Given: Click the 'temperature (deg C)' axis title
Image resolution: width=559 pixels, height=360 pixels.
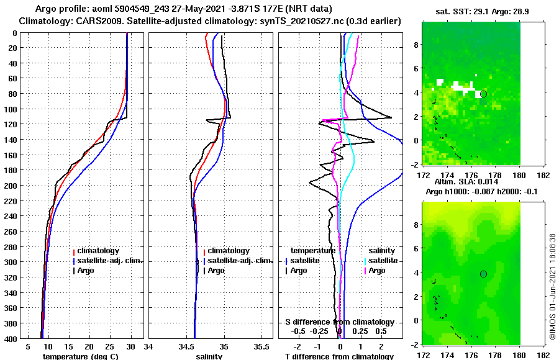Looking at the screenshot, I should coord(80,356).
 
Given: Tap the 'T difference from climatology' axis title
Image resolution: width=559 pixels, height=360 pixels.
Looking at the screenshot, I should coord(339,356).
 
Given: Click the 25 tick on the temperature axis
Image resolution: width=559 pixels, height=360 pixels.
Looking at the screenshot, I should coord(110,346).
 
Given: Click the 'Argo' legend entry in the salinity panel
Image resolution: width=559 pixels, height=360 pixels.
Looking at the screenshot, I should coord(216,271).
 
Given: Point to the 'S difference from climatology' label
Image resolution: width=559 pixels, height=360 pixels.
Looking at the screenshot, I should coord(339,322).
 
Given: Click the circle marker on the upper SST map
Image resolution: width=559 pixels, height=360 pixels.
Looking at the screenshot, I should coord(483,94).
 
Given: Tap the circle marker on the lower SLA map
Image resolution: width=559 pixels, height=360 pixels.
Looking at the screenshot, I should coord(483,274).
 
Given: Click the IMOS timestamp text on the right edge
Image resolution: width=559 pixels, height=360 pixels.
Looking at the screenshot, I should coord(552,286).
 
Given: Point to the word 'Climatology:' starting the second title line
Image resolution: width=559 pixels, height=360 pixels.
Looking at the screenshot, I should coord(45,21).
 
